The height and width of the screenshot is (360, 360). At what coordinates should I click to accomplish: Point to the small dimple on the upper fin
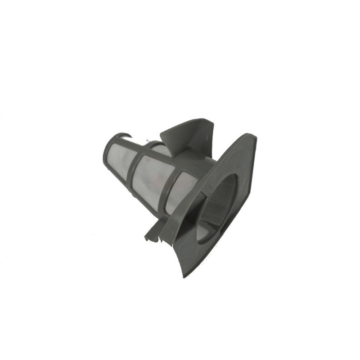pos(207,133)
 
